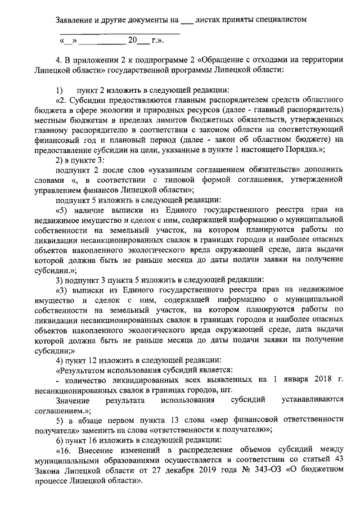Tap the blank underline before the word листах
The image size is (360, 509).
click(x=186, y=21)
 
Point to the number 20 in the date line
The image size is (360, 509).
click(x=133, y=40)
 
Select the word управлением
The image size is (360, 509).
click(x=78, y=190)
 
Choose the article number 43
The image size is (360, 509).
click(x=337, y=460)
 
